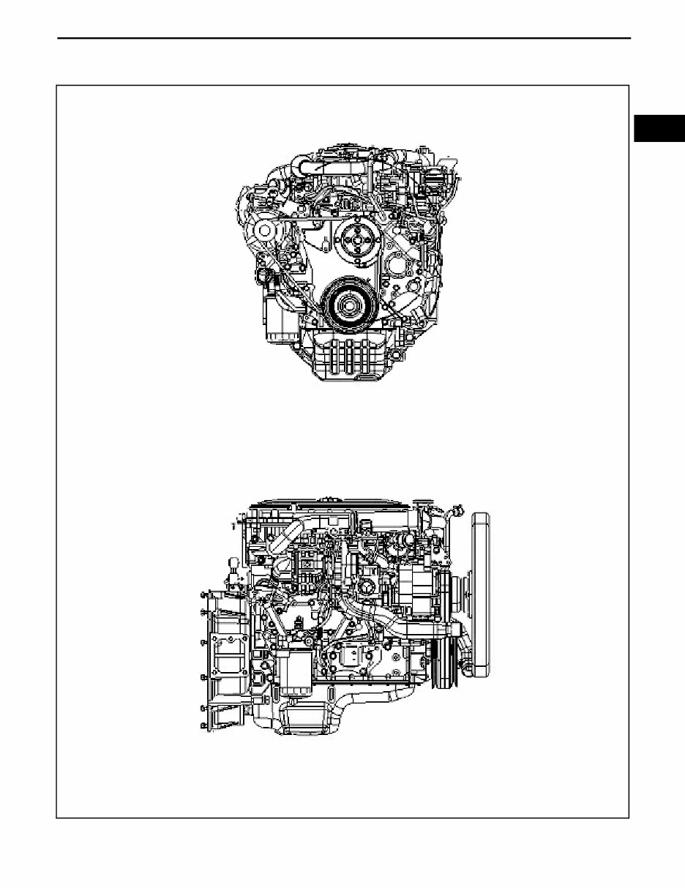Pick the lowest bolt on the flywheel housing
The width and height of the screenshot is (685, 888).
(203, 726)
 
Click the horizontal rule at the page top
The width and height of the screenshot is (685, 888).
(344, 38)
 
